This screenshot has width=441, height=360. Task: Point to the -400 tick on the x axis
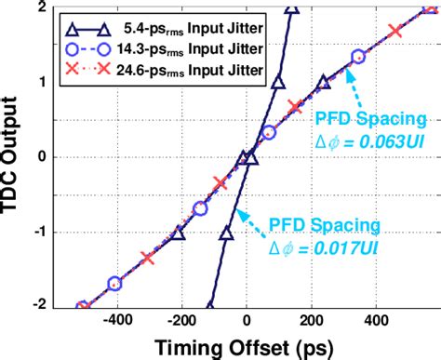pyautogui.click(x=116, y=319)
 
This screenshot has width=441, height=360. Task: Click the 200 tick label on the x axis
pyautogui.click(x=311, y=319)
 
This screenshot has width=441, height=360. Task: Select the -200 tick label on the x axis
pyautogui.click(x=180, y=319)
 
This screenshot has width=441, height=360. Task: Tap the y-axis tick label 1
pyautogui.click(x=43, y=81)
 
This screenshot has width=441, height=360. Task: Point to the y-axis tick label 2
pyautogui.click(x=43, y=7)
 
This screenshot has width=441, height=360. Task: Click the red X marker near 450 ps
pyautogui.click(x=396, y=32)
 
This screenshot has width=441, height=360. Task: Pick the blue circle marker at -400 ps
pyautogui.click(x=115, y=283)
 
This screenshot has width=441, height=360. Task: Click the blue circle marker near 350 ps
pyautogui.click(x=359, y=57)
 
